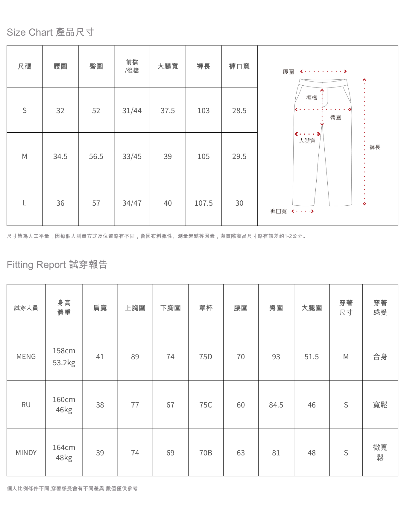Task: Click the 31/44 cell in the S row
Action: coord(132,111)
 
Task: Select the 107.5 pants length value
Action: coord(203,203)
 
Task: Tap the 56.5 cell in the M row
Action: coord(96,157)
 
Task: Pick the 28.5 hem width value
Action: coord(239,111)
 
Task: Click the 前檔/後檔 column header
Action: coord(132,66)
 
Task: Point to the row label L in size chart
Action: coord(25,203)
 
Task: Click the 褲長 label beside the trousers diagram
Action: coord(375,147)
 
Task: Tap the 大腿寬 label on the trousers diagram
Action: coord(307,141)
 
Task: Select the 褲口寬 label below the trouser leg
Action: coord(278,211)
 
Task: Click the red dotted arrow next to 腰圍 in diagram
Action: coord(323,71)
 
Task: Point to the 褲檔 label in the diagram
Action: coord(312,98)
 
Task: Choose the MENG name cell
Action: coord(26,357)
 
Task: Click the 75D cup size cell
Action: coord(206,357)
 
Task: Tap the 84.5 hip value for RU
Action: coord(276,405)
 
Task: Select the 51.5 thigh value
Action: coord(312,357)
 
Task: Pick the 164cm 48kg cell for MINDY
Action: coord(64,452)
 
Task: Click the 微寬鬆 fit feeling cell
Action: coord(380,452)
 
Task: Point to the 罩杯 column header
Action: coord(206,308)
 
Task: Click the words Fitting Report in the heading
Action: coord(36,265)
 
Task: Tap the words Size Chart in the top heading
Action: coord(30,32)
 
